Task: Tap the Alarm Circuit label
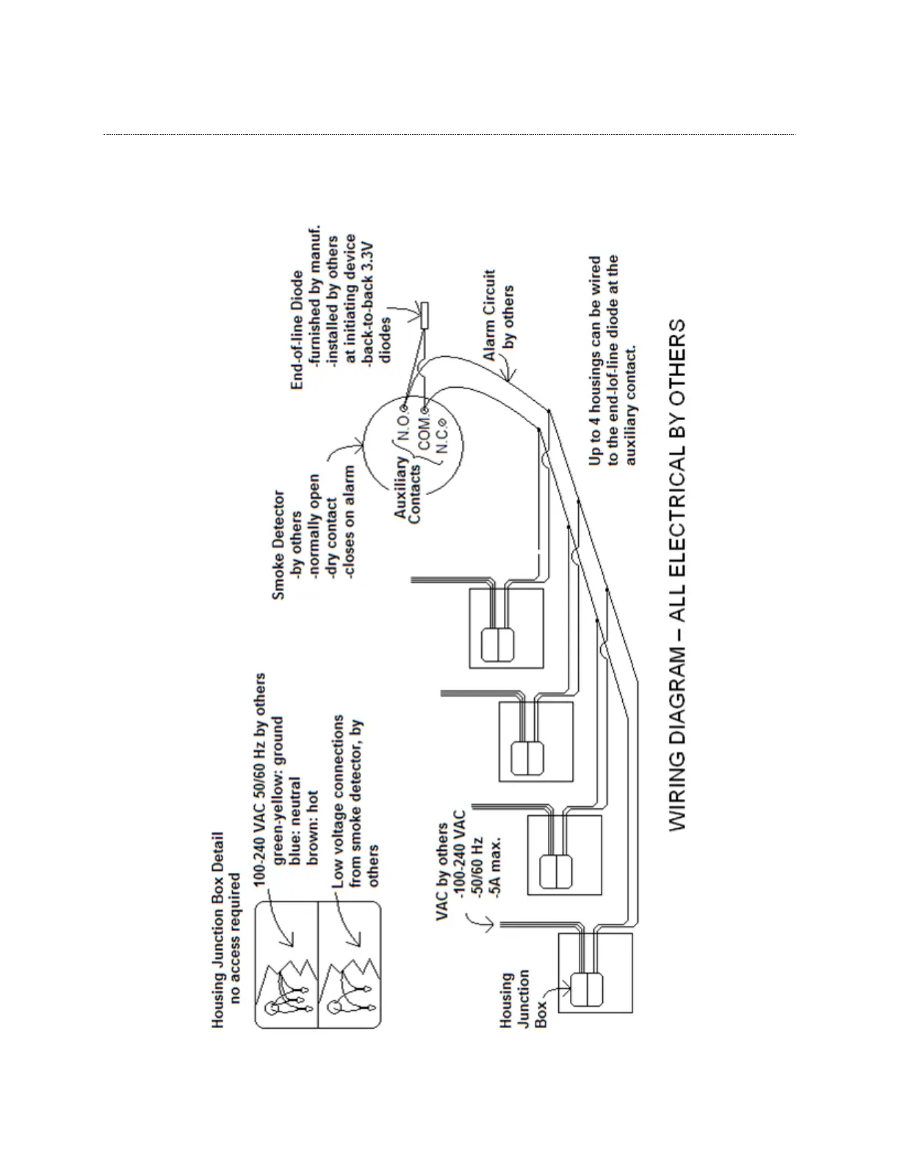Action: (490, 314)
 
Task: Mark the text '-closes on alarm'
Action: (350, 523)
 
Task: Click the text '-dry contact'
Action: (331, 539)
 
